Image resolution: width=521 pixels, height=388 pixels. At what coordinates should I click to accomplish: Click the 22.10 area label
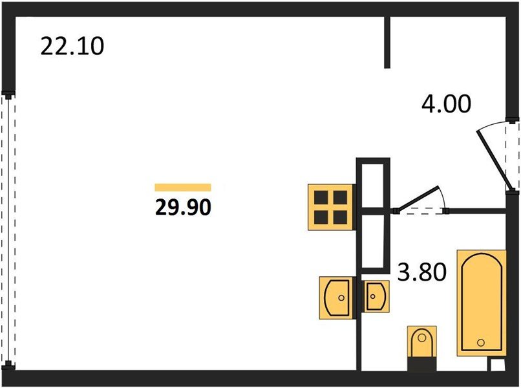(x=72, y=47)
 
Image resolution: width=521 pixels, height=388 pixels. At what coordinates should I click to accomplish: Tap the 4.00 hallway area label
(x=447, y=104)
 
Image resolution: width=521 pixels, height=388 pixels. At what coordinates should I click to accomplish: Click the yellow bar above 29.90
(x=183, y=188)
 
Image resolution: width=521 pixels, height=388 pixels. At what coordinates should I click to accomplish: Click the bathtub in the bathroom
(x=482, y=302)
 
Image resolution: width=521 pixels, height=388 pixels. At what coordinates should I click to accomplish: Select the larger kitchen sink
(x=337, y=297)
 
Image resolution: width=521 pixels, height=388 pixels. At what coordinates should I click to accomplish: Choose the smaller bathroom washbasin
(x=376, y=297)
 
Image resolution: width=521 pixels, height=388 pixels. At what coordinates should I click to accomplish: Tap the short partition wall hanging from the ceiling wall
(x=387, y=41)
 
